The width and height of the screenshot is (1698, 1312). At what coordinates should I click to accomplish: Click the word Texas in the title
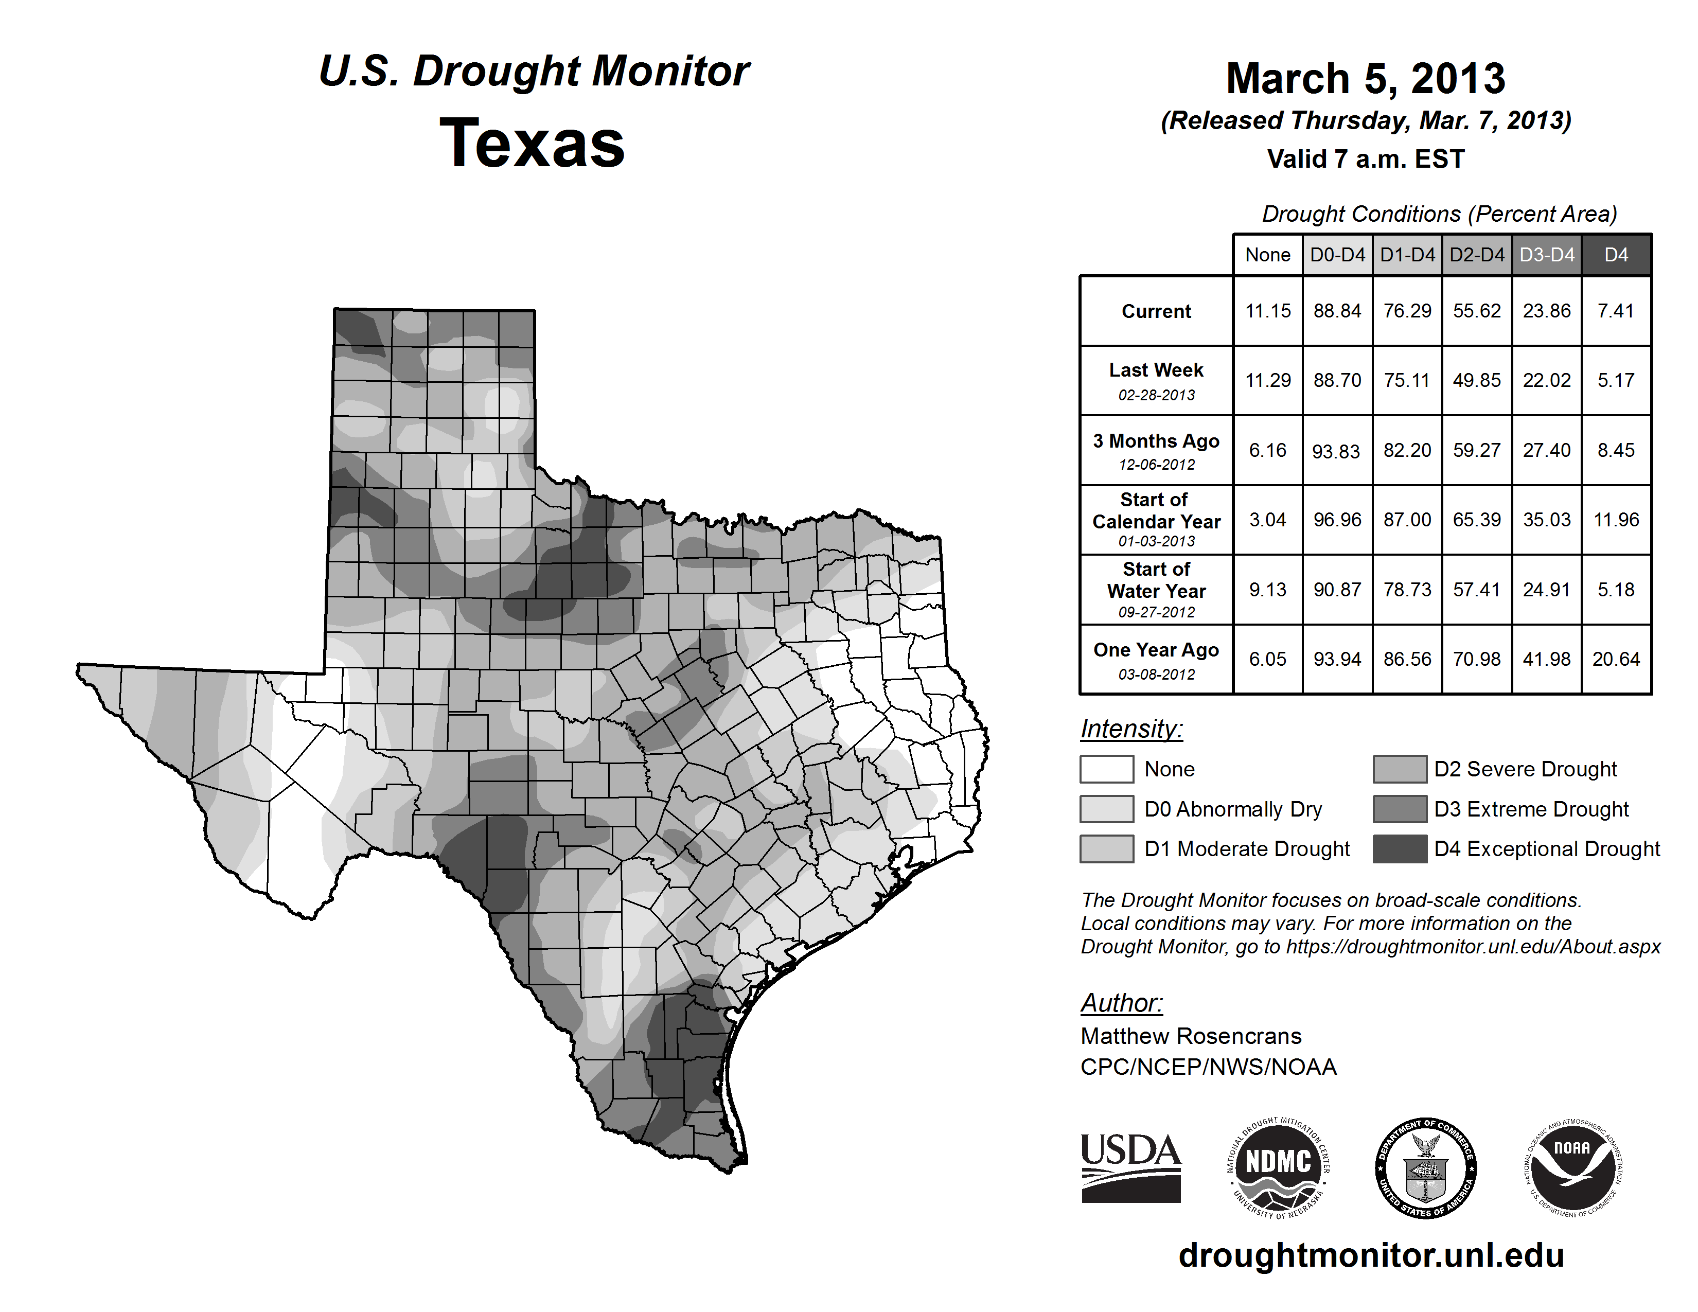click(x=532, y=143)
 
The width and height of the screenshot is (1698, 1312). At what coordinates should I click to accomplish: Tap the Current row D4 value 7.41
click(x=1616, y=311)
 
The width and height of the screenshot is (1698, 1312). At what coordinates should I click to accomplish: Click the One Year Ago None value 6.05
click(x=1267, y=659)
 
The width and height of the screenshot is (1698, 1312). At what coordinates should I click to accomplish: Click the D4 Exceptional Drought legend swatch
click(x=1400, y=849)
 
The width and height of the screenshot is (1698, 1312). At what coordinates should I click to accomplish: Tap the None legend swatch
click(x=1106, y=769)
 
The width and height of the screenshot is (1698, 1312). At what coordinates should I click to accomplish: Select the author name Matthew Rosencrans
click(x=1190, y=1036)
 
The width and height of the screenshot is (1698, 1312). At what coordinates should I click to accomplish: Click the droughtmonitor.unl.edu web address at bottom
click(x=1371, y=1255)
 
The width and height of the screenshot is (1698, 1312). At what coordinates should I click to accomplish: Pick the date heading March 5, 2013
click(x=1365, y=79)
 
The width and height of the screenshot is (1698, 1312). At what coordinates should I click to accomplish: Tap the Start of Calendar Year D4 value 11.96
click(x=1616, y=519)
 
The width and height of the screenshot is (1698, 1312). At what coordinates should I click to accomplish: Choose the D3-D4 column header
click(x=1546, y=255)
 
